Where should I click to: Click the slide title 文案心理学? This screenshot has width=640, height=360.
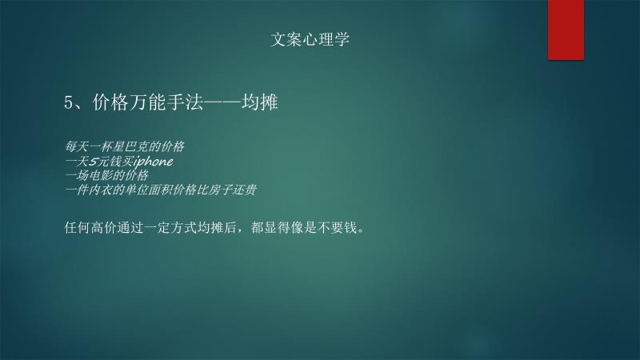pyautogui.click(x=310, y=39)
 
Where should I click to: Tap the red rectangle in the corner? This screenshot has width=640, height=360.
pyautogui.click(x=566, y=30)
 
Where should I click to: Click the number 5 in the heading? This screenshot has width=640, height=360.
pyautogui.click(x=68, y=102)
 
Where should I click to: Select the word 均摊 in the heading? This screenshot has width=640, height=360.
pyautogui.click(x=259, y=102)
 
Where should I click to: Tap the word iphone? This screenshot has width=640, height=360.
pyautogui.click(x=153, y=162)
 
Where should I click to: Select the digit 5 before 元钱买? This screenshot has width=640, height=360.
pyautogui.click(x=93, y=162)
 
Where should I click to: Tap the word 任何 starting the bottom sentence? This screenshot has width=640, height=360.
pyautogui.click(x=77, y=227)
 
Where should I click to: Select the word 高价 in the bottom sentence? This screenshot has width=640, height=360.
pyautogui.click(x=104, y=227)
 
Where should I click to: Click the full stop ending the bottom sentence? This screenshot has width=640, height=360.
pyautogui.click(x=361, y=231)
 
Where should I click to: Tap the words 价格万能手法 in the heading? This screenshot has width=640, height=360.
pyautogui.click(x=148, y=102)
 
